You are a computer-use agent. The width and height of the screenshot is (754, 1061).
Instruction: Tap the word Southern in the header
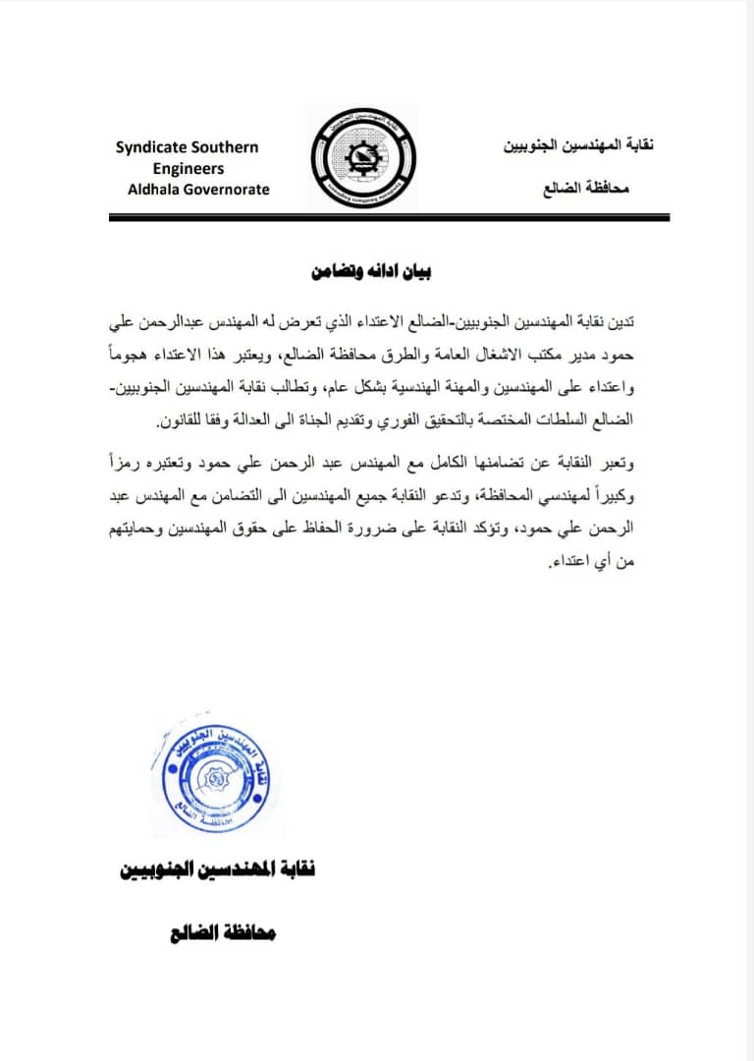tap(226, 147)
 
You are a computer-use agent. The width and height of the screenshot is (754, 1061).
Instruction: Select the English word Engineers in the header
tap(194, 168)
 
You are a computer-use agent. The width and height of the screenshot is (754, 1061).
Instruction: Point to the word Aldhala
tap(156, 189)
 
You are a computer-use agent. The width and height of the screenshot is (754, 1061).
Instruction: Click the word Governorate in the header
tap(230, 189)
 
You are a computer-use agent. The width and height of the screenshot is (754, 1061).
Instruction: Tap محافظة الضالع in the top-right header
tap(586, 187)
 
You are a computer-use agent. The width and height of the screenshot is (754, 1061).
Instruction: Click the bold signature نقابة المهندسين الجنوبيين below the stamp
tap(217, 870)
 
